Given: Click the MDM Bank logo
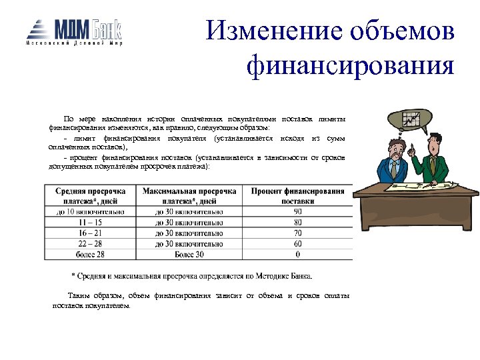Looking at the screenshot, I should click(x=74, y=31).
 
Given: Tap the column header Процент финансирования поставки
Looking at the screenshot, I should click(x=297, y=195).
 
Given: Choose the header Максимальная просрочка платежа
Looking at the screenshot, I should click(x=189, y=195).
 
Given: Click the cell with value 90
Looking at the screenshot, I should click(x=297, y=212).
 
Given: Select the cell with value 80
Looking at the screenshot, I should click(x=297, y=223).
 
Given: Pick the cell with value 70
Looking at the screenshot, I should click(x=297, y=233).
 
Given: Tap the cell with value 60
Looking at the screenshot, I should click(x=297, y=244).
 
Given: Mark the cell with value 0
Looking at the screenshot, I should click(x=297, y=255).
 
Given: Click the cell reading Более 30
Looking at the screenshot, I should click(x=189, y=255).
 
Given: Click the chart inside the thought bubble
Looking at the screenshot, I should click(x=411, y=120).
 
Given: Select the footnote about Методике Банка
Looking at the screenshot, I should click(x=191, y=276).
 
